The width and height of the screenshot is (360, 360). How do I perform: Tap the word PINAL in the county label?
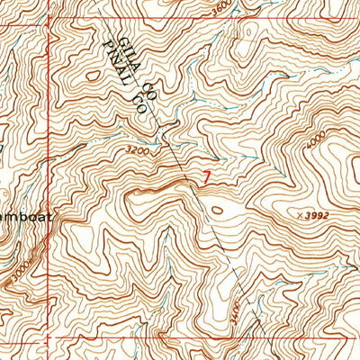tap(115, 61)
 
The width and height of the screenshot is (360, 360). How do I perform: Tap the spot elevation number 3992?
tap(337, 217)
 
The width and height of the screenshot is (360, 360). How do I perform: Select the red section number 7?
tap(210, 179)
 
